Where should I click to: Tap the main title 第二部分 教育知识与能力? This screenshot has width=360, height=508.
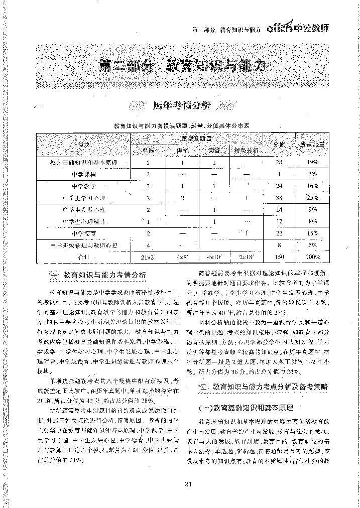click(x=180, y=65)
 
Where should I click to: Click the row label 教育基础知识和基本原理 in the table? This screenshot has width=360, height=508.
click(x=83, y=163)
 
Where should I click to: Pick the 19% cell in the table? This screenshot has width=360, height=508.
click(x=313, y=163)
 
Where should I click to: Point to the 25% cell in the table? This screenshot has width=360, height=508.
click(x=313, y=198)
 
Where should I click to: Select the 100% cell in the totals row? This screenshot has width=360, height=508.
click(x=313, y=257)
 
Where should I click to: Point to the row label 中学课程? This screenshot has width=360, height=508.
click(x=83, y=174)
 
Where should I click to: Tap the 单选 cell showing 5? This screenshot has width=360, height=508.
click(x=148, y=163)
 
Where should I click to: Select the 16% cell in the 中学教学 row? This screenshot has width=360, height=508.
click(x=313, y=186)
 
